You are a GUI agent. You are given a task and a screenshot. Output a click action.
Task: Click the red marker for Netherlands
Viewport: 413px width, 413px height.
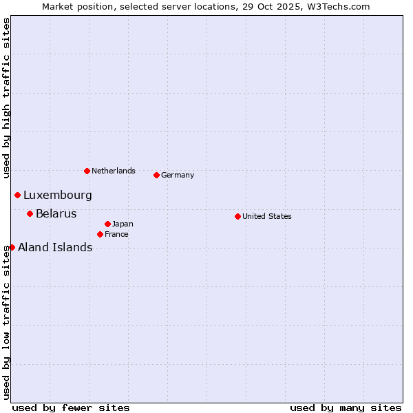click(87, 171)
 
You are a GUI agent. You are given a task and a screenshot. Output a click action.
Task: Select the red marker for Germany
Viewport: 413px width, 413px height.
click(156, 175)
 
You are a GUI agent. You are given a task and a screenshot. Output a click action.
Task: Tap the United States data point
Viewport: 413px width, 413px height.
click(237, 216)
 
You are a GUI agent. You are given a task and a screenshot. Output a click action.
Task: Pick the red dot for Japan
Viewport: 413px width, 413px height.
click(107, 224)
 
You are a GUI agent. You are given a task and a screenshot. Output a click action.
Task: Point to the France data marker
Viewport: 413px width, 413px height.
click(100, 234)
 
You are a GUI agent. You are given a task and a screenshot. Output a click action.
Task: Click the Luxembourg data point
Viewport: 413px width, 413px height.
click(17, 195)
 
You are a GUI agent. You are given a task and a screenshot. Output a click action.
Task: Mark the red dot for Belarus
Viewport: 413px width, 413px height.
click(30, 213)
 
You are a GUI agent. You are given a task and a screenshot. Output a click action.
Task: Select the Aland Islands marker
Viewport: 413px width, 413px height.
click(12, 247)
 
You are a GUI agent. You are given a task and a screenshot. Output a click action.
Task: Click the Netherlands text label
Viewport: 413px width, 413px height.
click(114, 171)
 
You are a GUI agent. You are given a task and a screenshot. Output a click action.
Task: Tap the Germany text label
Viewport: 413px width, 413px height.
click(178, 175)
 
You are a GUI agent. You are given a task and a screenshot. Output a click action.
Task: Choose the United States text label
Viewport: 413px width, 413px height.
click(267, 216)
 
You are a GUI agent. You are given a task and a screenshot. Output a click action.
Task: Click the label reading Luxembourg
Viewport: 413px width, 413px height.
click(58, 195)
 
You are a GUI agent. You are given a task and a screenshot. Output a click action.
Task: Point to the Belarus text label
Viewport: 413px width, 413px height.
click(56, 213)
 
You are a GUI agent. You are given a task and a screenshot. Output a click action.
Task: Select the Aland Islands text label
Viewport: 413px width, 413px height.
click(55, 247)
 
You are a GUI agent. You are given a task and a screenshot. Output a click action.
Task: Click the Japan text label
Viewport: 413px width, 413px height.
click(123, 224)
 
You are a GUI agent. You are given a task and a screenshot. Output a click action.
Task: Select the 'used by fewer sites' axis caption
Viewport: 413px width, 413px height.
click(71, 407)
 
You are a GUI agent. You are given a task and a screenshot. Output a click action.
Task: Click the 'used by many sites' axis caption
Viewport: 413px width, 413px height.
click(346, 407)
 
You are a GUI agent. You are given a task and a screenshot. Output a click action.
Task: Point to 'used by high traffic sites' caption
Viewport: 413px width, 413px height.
click(6, 98)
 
